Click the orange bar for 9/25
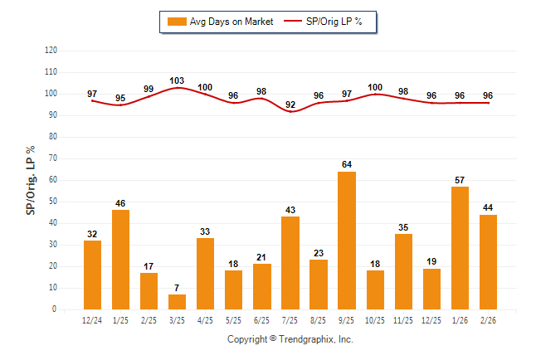pyautogui.click(x=348, y=241)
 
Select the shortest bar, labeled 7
pyautogui.click(x=178, y=302)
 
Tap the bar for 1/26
pyautogui.click(x=460, y=248)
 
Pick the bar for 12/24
pyautogui.click(x=93, y=275)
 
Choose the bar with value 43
pyautogui.click(x=291, y=263)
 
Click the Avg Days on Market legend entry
pyautogui.click(x=220, y=22)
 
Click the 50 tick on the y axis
pyautogui.click(x=53, y=202)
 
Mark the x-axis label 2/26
pyautogui.click(x=489, y=319)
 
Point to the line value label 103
pyautogui.click(x=178, y=80)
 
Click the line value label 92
pyautogui.click(x=291, y=105)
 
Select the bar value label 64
pyautogui.click(x=348, y=165)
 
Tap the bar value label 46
pyautogui.click(x=121, y=203)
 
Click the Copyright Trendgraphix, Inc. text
pyautogui.click(x=290, y=339)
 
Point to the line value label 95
pyautogui.click(x=121, y=98)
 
